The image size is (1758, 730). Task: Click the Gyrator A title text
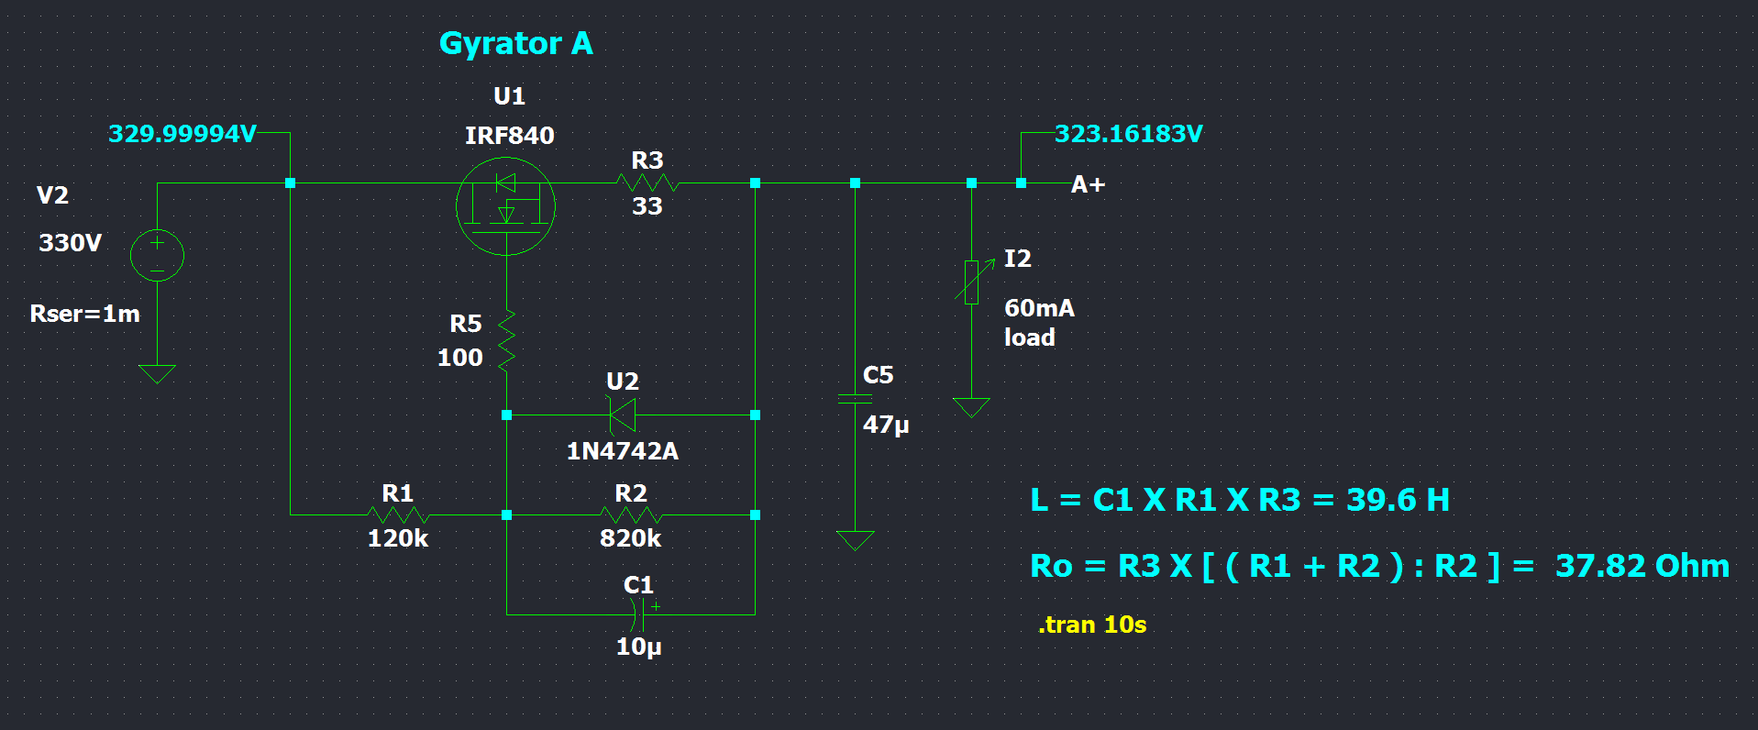pyautogui.click(x=515, y=44)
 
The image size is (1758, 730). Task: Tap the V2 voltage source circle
pyautogui.click(x=157, y=255)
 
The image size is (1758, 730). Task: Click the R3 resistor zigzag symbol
pyautogui.click(x=647, y=183)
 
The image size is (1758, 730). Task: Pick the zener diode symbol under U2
pyautogui.click(x=623, y=415)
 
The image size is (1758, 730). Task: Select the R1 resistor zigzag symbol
pyautogui.click(x=398, y=514)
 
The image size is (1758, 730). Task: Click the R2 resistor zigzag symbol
pyautogui.click(x=631, y=514)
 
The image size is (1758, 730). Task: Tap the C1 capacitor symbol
pyautogui.click(x=641, y=614)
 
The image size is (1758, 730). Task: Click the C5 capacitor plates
pyautogui.click(x=855, y=399)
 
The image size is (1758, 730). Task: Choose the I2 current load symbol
pyautogui.click(x=972, y=282)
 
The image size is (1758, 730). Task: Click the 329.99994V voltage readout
pyautogui.click(x=182, y=134)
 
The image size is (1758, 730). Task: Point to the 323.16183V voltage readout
pyautogui.click(x=1128, y=134)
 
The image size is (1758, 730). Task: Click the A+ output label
pyautogui.click(x=1088, y=185)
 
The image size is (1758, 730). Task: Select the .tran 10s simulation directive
pyautogui.click(x=1092, y=625)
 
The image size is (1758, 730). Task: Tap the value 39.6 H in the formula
pyautogui.click(x=1398, y=500)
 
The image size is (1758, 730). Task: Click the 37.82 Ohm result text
pyautogui.click(x=1642, y=566)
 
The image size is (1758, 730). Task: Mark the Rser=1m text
pyautogui.click(x=85, y=314)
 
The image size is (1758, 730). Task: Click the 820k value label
pyautogui.click(x=630, y=538)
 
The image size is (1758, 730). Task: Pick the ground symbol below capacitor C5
pyautogui.click(x=855, y=540)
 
